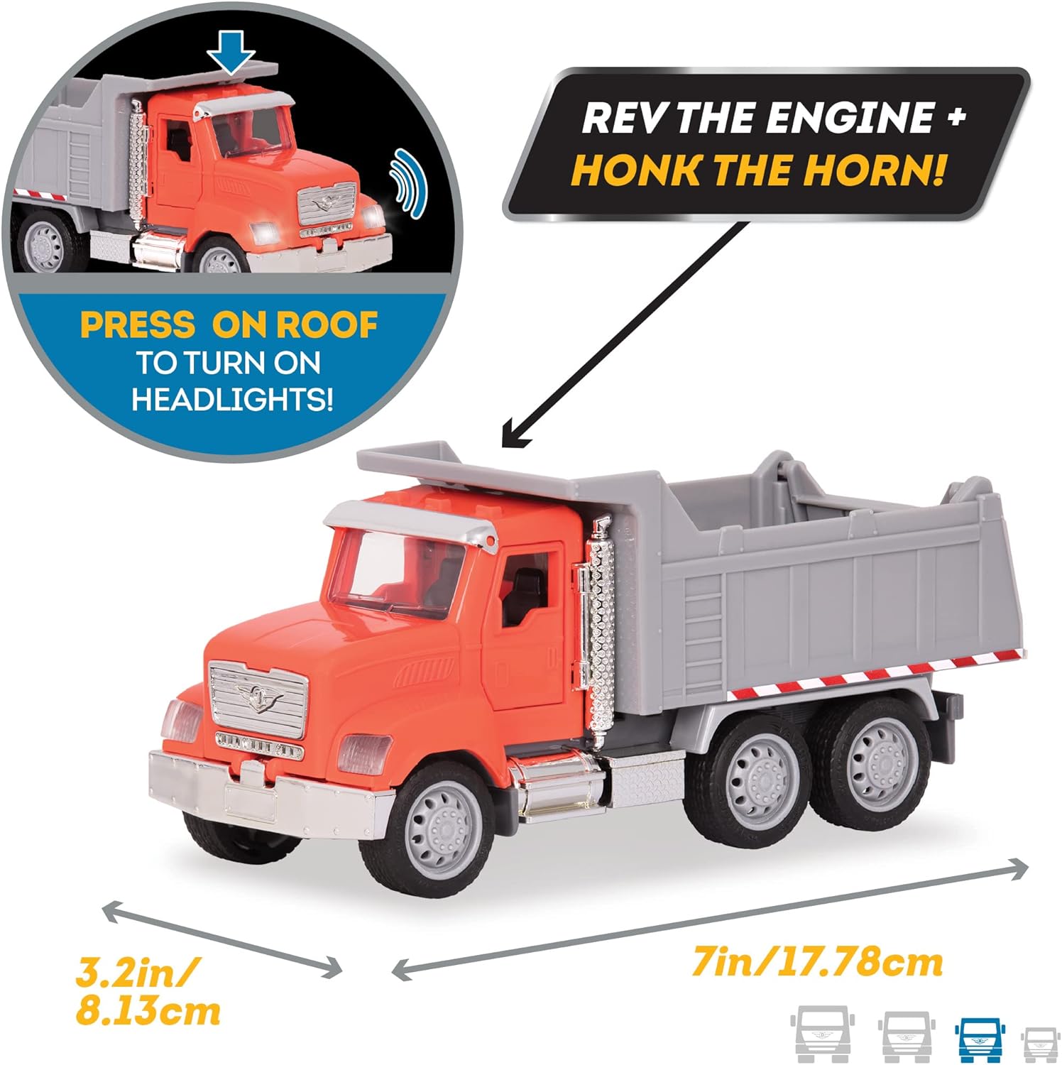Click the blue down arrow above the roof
[231, 53]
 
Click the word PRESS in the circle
[137, 325]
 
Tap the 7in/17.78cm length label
[817, 963]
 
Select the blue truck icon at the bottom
[979, 1039]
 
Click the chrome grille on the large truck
[258, 697]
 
